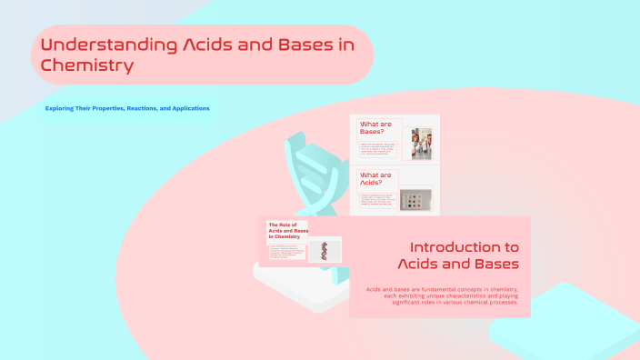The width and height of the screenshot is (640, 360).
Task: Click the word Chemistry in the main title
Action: [87, 65]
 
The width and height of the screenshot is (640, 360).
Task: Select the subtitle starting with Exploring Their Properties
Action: [127, 108]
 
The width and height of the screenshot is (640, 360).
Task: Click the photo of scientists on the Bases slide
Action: [420, 143]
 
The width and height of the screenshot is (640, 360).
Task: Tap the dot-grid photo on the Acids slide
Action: [416, 199]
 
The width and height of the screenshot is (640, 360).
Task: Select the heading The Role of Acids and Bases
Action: [287, 230]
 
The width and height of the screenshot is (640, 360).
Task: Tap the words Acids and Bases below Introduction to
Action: [458, 264]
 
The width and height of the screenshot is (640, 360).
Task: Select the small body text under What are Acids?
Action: [377, 199]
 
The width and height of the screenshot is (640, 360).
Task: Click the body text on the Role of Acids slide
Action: [283, 253]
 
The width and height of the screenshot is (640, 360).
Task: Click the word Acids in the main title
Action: [206, 45]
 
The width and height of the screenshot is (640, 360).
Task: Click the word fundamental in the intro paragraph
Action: [436, 289]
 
